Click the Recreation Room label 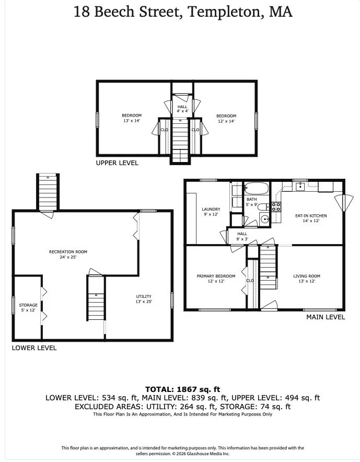pyautogui.click(x=68, y=251)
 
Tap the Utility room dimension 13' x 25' pyautogui.click(x=144, y=302)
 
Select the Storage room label pyautogui.click(x=28, y=305)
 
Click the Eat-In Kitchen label pyautogui.click(x=311, y=216)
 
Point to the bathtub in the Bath pyautogui.click(x=257, y=189)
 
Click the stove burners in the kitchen pyautogui.click(x=276, y=206)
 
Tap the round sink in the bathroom pyautogui.click(x=265, y=219)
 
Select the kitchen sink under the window pyautogui.click(x=300, y=187)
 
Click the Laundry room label pyautogui.click(x=211, y=209)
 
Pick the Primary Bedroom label pyautogui.click(x=216, y=276)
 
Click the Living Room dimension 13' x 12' pyautogui.click(x=307, y=281)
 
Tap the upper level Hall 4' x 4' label pyautogui.click(x=183, y=109)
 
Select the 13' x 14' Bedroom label pyautogui.click(x=132, y=118)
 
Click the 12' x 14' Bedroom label pyautogui.click(x=226, y=119)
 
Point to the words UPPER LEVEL pyautogui.click(x=117, y=163)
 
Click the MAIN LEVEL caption pyautogui.click(x=326, y=317)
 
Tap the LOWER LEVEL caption pyautogui.click(x=34, y=348)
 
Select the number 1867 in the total pyautogui.click(x=186, y=389)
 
